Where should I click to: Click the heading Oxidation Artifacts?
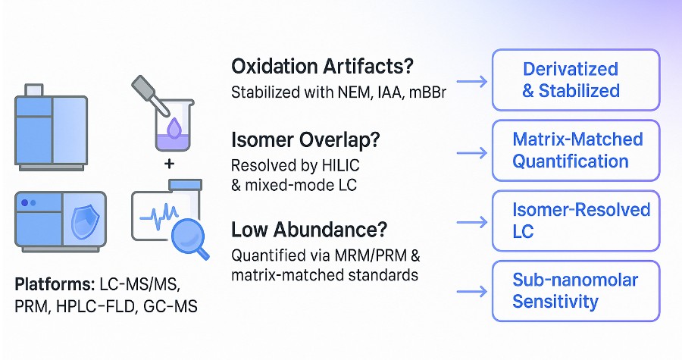(322, 66)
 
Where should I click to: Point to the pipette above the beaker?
(149, 95)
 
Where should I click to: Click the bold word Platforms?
(53, 285)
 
